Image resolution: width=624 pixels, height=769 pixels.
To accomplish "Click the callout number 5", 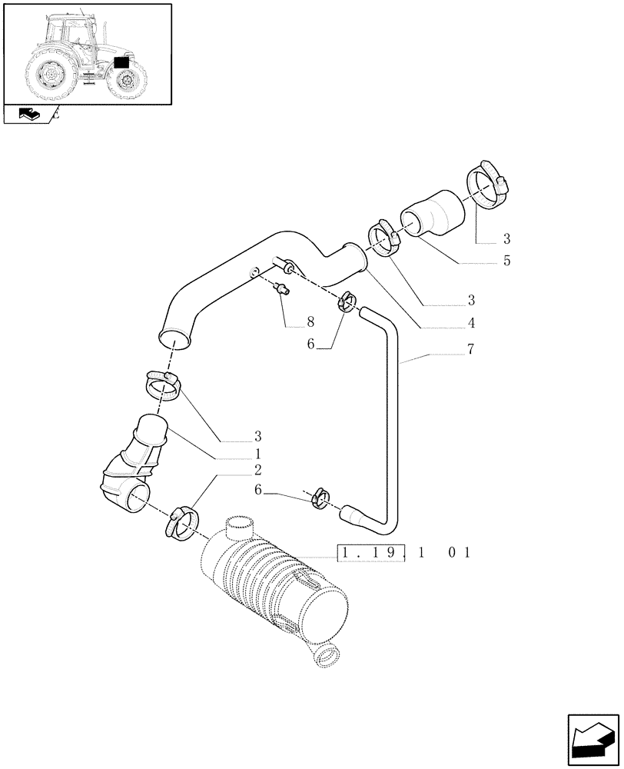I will click(x=506, y=261).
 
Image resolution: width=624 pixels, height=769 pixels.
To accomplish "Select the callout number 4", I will click(x=470, y=323).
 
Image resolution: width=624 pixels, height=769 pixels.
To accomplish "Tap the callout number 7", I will click(x=470, y=350).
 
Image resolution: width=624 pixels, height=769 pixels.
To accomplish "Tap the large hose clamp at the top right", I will click(x=487, y=184).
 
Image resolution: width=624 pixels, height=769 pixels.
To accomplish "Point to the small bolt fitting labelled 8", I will click(x=283, y=289).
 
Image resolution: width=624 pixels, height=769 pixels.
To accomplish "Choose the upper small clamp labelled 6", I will click(x=346, y=301).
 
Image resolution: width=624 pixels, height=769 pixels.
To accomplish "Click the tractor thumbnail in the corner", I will click(x=86, y=54).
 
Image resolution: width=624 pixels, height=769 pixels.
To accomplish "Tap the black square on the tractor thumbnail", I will click(x=121, y=63).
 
